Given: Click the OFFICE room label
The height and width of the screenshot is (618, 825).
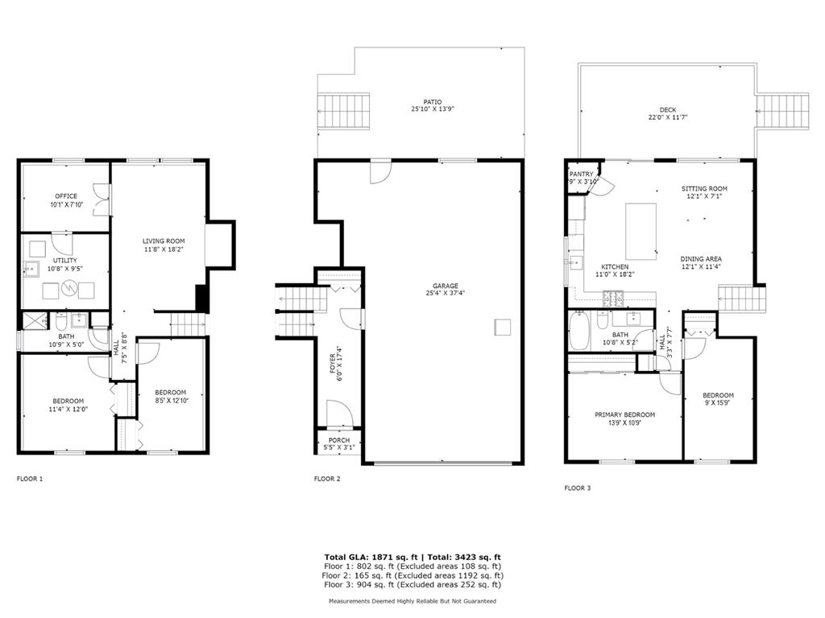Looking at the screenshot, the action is click(x=66, y=196).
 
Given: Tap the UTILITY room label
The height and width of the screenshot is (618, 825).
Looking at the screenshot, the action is click(x=64, y=260).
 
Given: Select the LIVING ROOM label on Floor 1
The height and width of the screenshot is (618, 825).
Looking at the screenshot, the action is click(x=164, y=241).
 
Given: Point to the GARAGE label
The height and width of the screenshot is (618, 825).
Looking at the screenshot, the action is click(x=445, y=286).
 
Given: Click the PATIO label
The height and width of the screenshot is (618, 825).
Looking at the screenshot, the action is click(x=433, y=102).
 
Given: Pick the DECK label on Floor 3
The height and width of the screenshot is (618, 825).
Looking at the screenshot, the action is click(x=668, y=109).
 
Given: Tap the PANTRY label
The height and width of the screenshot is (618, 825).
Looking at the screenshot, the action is click(x=582, y=174).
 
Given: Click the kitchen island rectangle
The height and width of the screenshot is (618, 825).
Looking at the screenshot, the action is click(x=641, y=231).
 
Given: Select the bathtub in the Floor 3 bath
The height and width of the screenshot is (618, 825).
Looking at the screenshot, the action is click(x=578, y=330).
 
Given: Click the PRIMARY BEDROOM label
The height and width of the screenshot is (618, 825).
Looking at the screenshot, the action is click(x=624, y=414).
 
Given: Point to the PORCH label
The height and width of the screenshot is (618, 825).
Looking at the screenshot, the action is click(x=339, y=440).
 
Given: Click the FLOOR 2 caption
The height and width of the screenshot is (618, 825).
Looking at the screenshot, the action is click(x=327, y=479).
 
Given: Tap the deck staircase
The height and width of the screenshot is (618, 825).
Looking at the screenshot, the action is click(x=783, y=111).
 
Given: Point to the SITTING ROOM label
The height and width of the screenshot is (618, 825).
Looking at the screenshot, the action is click(x=704, y=188).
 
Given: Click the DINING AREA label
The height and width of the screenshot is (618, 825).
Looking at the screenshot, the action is click(x=701, y=258).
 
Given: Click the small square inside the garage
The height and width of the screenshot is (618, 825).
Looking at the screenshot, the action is click(x=503, y=327).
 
